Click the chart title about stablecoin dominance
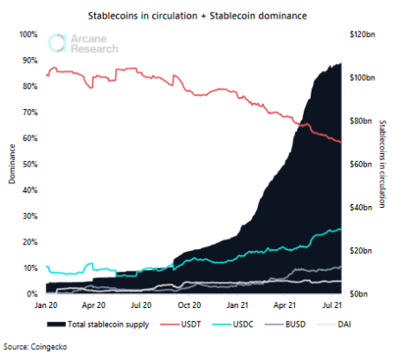point(204,16)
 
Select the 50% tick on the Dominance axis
point(28,164)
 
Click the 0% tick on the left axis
point(31,293)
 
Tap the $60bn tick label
point(363,164)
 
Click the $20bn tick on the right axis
point(363,250)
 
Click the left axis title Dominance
point(11,164)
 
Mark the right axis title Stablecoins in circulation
point(383,164)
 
